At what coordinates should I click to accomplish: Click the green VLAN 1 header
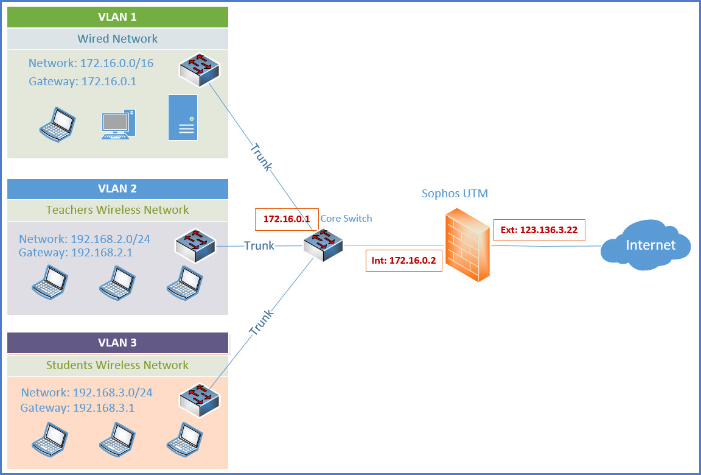point(117,17)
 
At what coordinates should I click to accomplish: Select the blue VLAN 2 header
point(117,189)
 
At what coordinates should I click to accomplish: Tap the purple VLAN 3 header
point(117,343)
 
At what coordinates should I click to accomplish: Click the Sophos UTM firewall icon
point(467,245)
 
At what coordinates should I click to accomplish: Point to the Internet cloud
point(646,245)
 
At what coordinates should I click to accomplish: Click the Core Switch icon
point(323,245)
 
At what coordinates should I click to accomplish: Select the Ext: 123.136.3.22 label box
point(539,230)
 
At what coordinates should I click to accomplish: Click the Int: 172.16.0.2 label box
point(403,260)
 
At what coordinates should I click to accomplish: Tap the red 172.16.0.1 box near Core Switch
point(287,219)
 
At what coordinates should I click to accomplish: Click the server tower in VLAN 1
point(183,118)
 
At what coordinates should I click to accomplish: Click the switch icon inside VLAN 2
point(195,245)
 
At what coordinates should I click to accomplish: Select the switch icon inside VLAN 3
point(200,400)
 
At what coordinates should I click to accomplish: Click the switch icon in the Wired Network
point(200,70)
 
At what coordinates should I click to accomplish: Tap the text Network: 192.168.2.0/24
point(85,239)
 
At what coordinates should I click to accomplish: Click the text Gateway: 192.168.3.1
point(77,408)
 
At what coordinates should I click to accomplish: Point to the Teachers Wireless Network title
point(117,209)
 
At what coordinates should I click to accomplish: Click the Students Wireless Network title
point(117,365)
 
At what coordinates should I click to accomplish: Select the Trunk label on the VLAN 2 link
point(259,245)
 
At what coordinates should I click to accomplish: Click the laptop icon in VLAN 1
point(57,124)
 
